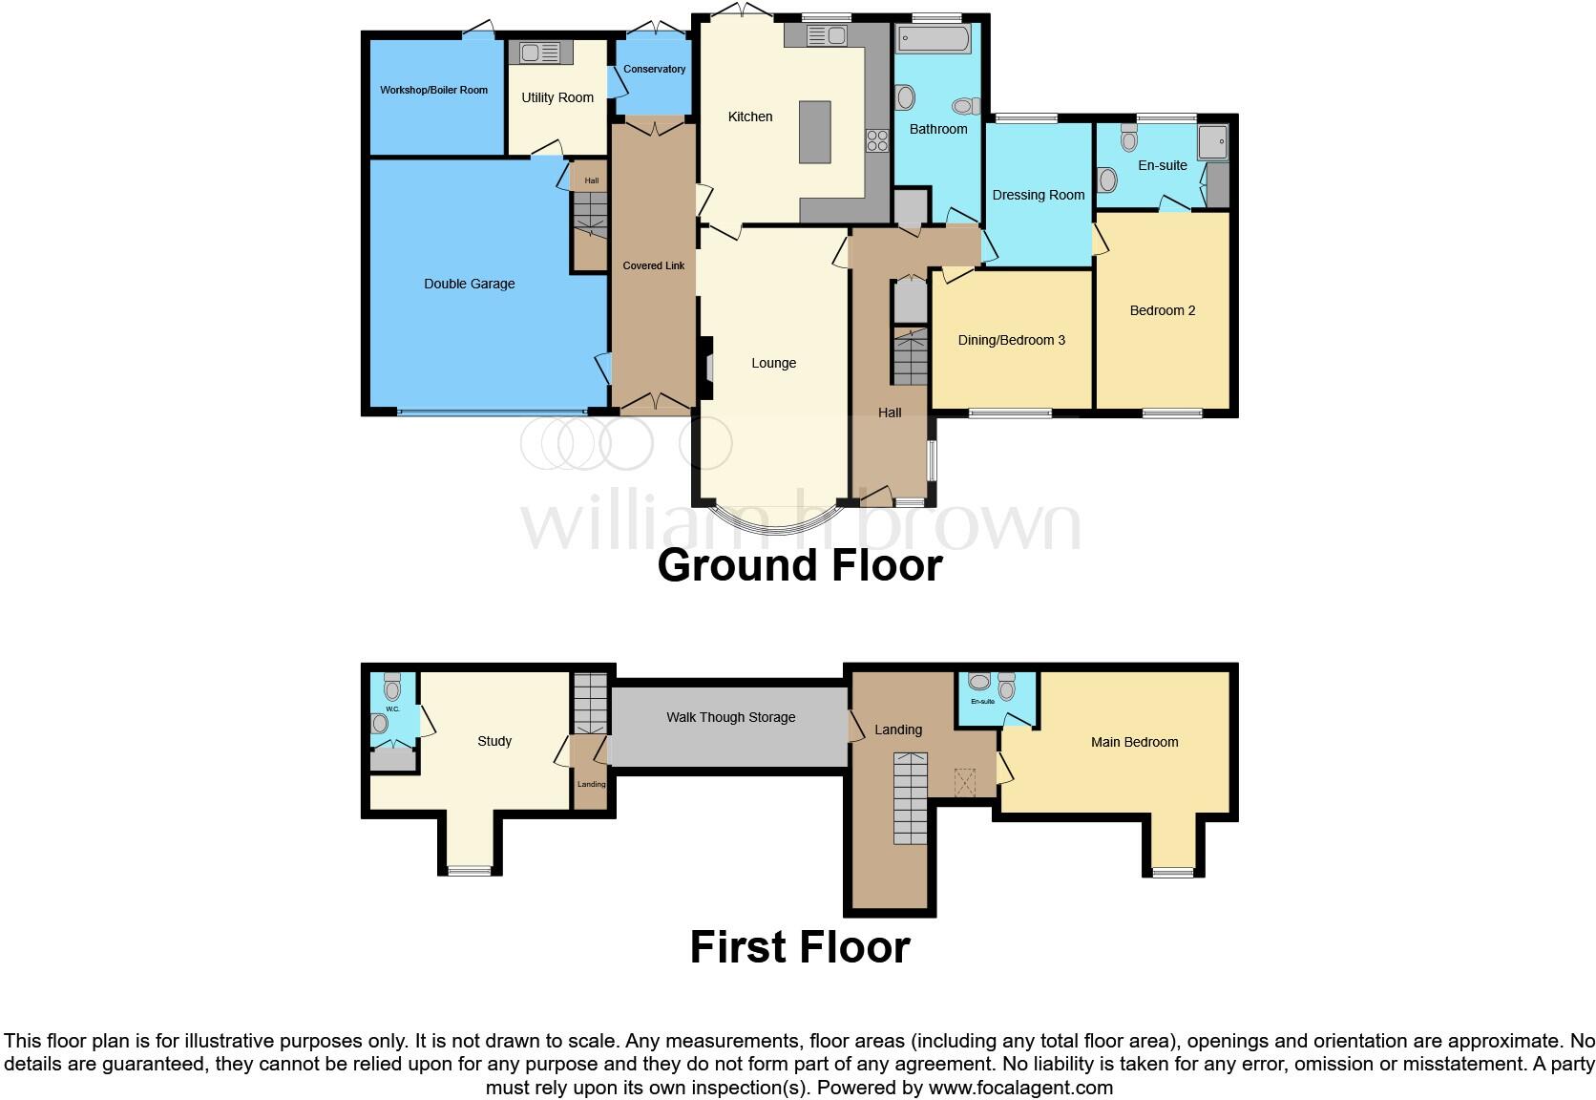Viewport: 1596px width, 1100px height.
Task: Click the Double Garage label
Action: (469, 284)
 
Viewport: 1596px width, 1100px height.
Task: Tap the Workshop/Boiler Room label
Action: (433, 90)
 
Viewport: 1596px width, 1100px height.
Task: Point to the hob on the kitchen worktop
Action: (876, 141)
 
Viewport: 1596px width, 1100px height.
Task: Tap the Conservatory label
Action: (654, 69)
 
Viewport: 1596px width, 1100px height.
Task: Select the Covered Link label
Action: (653, 265)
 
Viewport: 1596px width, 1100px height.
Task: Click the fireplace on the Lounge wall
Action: (705, 368)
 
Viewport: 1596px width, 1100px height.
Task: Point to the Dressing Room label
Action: (1038, 195)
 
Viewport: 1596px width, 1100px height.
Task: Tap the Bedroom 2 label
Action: (1162, 310)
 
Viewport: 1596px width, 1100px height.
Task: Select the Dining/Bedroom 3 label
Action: (1011, 340)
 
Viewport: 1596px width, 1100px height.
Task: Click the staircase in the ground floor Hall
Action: (911, 355)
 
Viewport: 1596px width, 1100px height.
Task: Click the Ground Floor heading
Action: (799, 565)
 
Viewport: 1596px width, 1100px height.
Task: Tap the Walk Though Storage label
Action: (730, 717)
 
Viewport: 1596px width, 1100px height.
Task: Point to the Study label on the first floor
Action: (494, 741)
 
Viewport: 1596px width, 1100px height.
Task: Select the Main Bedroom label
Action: (1134, 742)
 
